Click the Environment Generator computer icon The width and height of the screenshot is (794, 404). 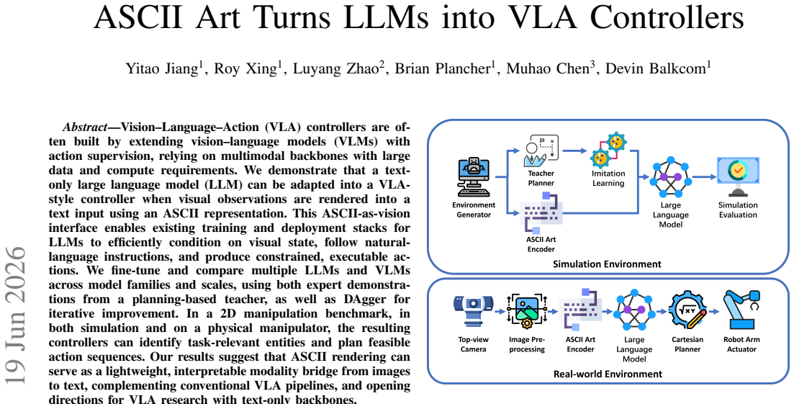474,178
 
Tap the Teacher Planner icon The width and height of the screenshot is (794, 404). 541,151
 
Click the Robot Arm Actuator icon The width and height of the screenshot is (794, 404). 742,310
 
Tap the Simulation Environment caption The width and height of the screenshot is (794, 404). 607,264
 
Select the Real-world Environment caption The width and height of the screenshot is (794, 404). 607,374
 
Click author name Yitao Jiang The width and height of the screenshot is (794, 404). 161,69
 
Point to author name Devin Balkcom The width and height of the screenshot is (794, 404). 657,69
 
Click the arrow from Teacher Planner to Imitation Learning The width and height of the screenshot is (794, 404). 574,151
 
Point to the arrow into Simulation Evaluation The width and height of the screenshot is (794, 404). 704,177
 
